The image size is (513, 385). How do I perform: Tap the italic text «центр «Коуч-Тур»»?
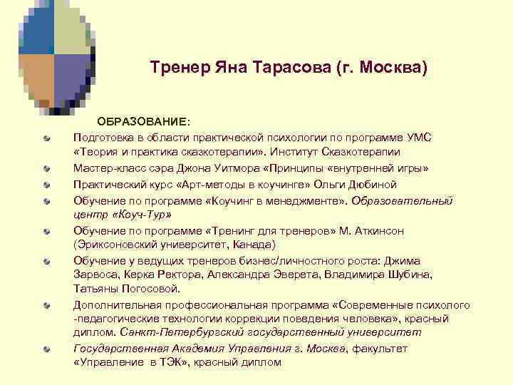click(x=122, y=214)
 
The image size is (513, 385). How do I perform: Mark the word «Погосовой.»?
click(x=150, y=289)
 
